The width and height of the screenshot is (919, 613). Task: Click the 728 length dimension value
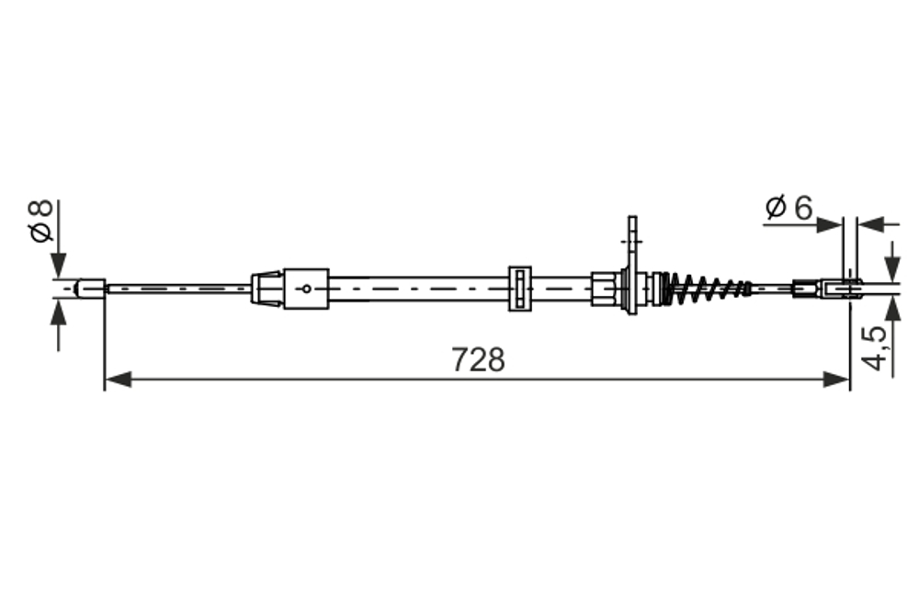tap(478, 359)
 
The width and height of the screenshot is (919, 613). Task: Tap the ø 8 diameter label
tap(41, 220)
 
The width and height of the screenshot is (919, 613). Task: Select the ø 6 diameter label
tap(788, 209)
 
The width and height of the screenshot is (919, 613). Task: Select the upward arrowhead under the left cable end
tap(60, 314)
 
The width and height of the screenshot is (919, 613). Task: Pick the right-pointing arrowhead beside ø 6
tap(832, 223)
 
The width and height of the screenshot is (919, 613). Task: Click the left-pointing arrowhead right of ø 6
tap(869, 223)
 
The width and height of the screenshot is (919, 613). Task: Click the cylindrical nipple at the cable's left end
tap(90, 288)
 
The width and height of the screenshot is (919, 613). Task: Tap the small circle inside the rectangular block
tap(307, 288)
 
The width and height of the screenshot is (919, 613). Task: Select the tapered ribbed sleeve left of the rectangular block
tap(267, 288)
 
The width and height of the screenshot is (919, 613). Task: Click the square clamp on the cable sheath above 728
tap(520, 288)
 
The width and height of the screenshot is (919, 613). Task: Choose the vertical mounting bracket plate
tap(631, 267)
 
